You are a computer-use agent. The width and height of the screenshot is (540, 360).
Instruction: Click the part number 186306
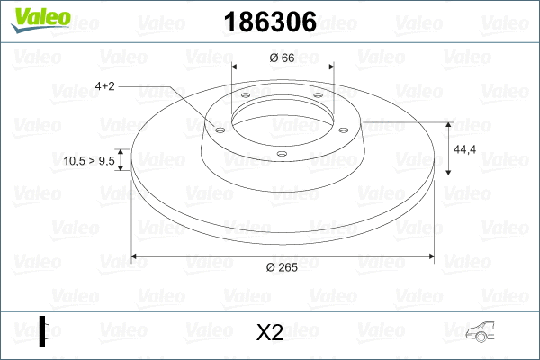(268, 22)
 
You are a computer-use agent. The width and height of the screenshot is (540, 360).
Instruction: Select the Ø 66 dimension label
(283, 58)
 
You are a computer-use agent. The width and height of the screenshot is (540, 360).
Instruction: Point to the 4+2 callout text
(104, 86)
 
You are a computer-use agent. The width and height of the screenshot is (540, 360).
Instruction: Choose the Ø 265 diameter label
(283, 266)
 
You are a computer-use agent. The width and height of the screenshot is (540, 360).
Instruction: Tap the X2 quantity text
(270, 333)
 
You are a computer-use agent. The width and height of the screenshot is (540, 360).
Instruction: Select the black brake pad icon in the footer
(44, 331)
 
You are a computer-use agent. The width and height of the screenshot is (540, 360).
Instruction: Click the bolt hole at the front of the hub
(281, 153)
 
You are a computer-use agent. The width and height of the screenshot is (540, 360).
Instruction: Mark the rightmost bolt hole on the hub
(341, 127)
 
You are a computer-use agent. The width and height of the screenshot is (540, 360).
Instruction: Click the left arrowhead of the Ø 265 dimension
(135, 256)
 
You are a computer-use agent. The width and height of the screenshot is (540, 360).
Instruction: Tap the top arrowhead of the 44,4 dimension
(449, 123)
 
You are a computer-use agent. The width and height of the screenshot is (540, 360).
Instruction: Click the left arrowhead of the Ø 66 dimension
(235, 67)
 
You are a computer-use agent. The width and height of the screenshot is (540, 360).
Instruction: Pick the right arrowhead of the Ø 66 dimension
(332, 67)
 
